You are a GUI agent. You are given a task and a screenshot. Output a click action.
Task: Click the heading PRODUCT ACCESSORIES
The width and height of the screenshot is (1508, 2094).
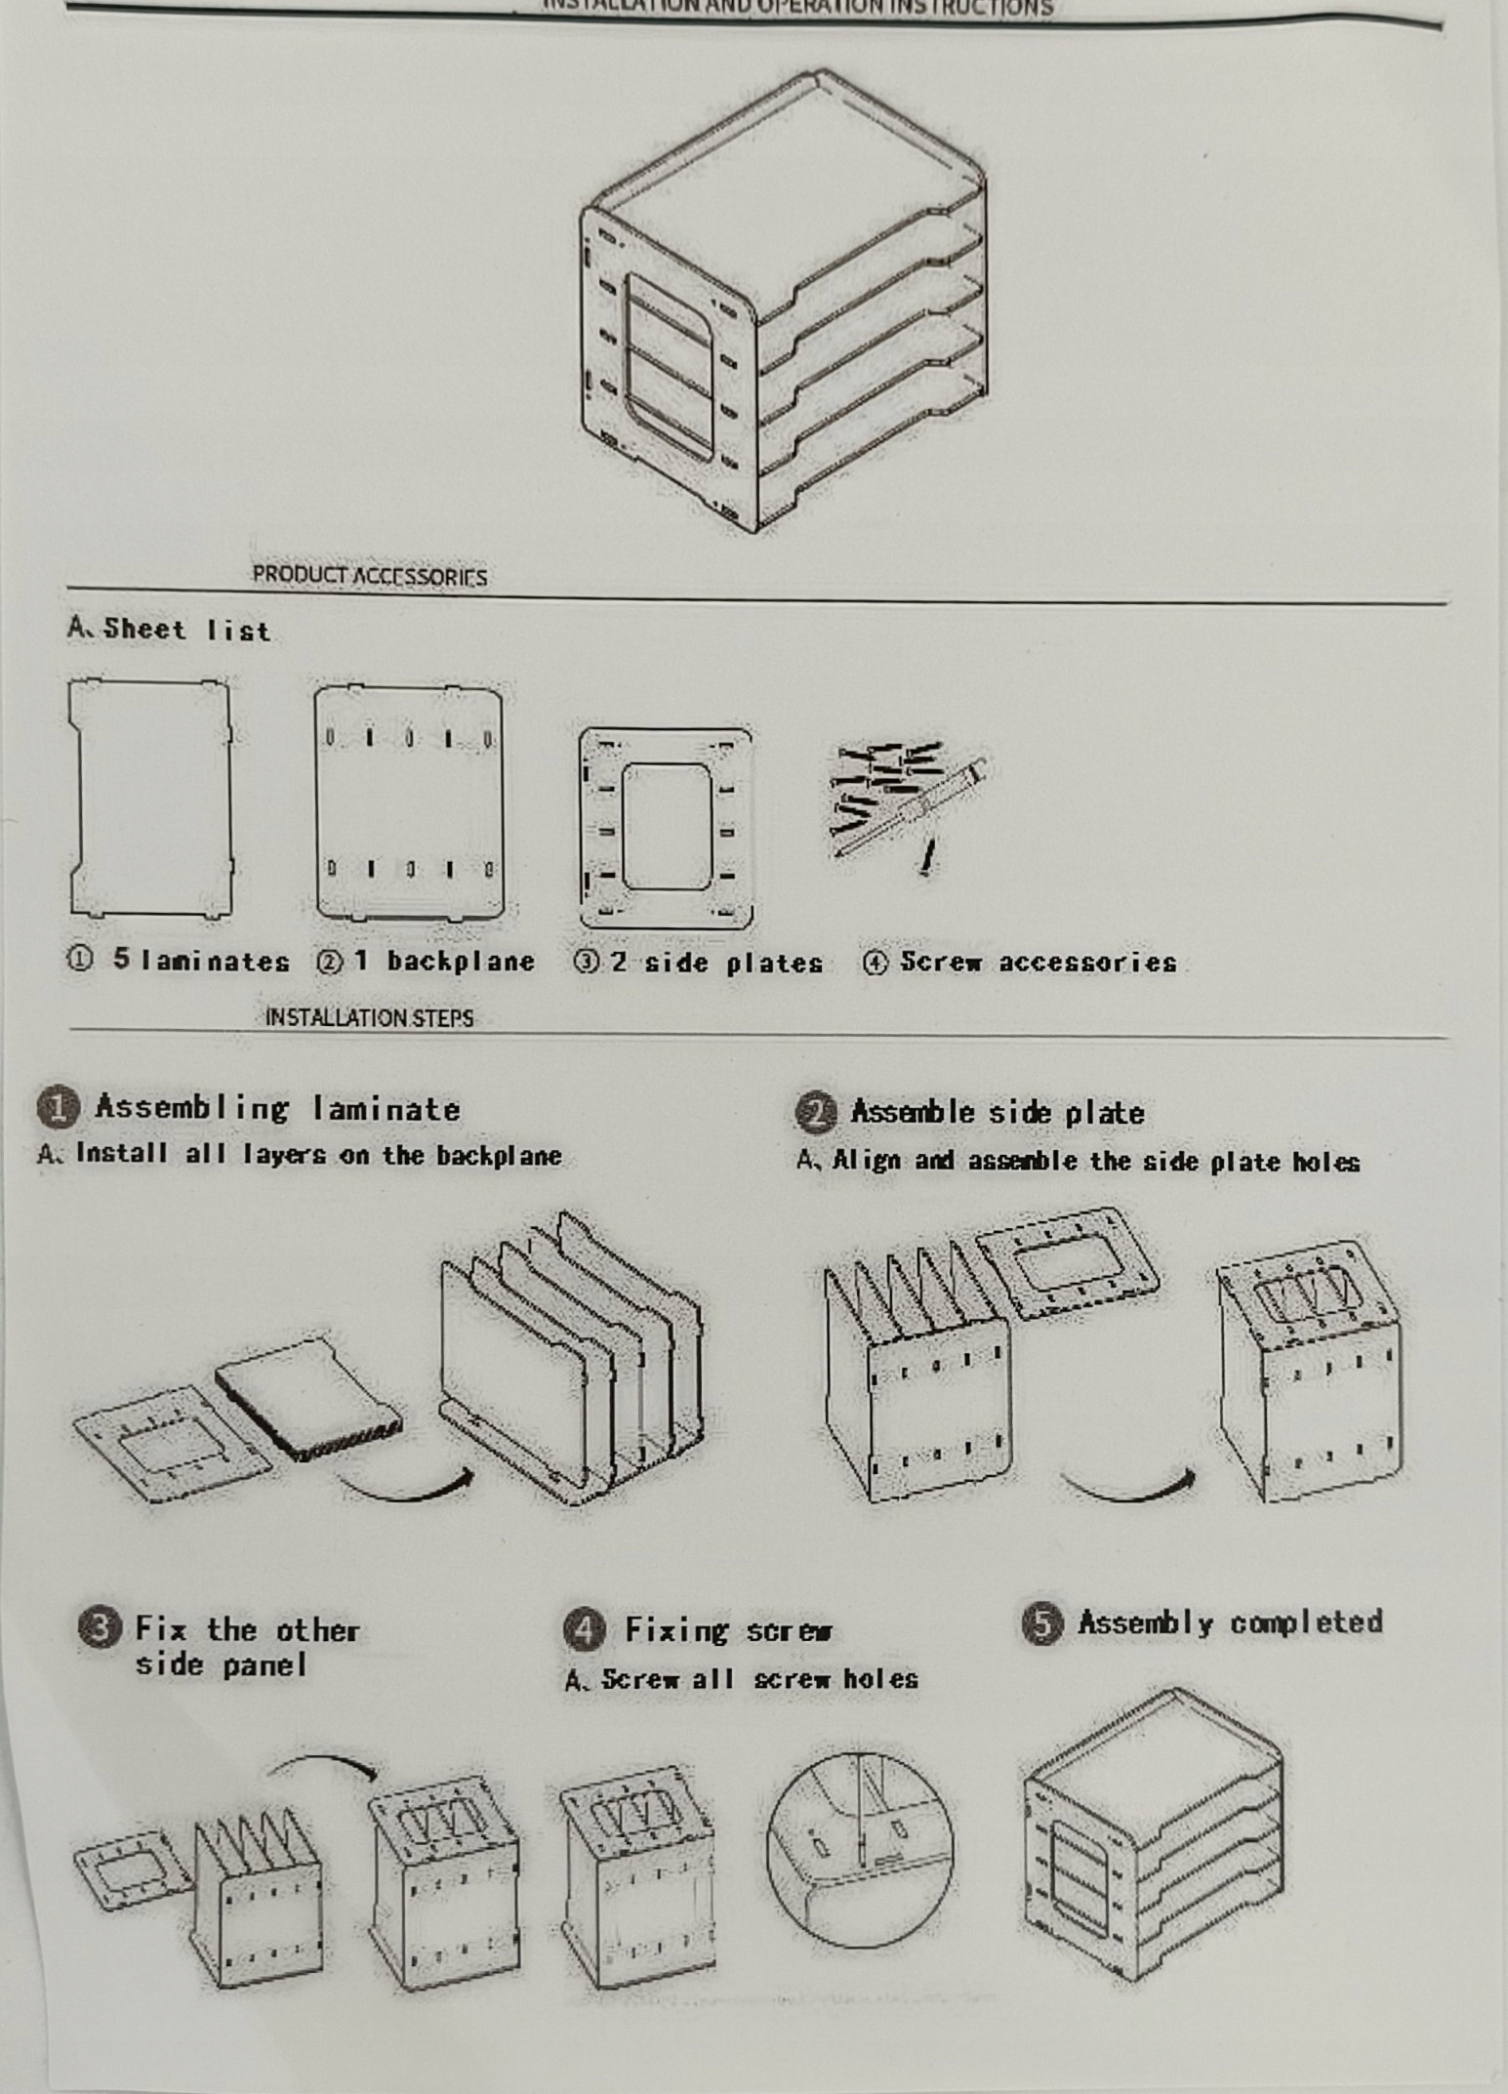point(369,576)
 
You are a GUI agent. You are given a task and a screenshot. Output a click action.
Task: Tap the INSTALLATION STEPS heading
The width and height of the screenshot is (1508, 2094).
point(369,1017)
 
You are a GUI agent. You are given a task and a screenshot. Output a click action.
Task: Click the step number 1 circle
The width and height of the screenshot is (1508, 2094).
point(59,1107)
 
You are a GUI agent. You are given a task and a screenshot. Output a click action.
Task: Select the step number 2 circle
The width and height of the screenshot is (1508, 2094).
point(816,1113)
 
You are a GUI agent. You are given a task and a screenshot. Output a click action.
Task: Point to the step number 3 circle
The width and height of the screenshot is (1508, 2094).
point(100,1628)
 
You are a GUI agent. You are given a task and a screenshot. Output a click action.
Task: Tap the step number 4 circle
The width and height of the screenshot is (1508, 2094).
point(584,1628)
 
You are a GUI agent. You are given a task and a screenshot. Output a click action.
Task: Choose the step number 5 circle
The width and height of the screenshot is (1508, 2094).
point(1042,1623)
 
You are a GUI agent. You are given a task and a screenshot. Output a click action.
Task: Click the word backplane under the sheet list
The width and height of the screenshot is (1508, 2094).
point(461,962)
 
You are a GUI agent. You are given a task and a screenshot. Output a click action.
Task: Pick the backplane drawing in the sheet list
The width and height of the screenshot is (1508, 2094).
point(408,802)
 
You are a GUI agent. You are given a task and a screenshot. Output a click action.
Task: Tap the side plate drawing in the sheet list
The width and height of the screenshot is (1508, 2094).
point(666,828)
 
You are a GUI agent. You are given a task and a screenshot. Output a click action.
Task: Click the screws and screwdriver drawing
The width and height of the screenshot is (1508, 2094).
point(908,801)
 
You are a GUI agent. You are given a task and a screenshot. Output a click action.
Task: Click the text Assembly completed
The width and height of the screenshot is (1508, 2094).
point(1230,1623)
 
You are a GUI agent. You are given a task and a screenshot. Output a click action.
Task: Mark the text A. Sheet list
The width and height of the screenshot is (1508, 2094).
point(168,629)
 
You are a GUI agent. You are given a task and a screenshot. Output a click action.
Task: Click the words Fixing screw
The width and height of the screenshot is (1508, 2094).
point(728,1630)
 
